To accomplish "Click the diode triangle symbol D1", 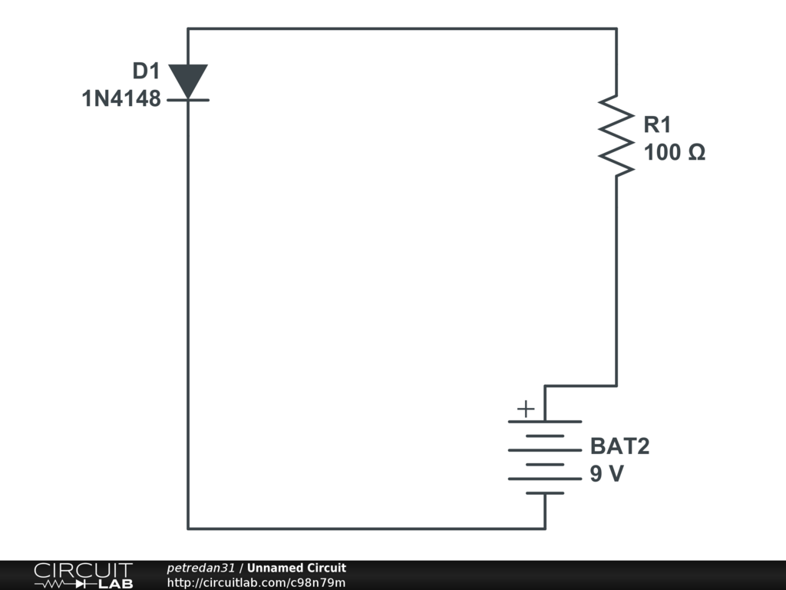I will coord(188,80).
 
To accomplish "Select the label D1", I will coord(145,71).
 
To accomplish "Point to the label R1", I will coord(658,124).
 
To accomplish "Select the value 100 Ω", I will coord(675,153).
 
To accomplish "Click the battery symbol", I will coord(545,457).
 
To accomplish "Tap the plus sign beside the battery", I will coord(525,409).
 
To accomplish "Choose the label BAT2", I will coord(619,446).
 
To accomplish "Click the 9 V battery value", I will coord(606,475).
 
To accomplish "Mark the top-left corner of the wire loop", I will coord(188,29).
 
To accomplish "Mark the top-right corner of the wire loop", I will coord(616,29).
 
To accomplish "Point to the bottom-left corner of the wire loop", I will coord(188,529).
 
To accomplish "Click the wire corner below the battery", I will coord(545,529).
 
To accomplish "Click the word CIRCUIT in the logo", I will coord(82,570).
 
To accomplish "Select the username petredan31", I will coord(202,568).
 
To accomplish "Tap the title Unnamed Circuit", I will coord(296,568).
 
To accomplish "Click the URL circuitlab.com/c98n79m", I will coord(256,582).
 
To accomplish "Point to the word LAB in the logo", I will coord(114,584).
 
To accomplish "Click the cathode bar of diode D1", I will coord(188,99).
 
